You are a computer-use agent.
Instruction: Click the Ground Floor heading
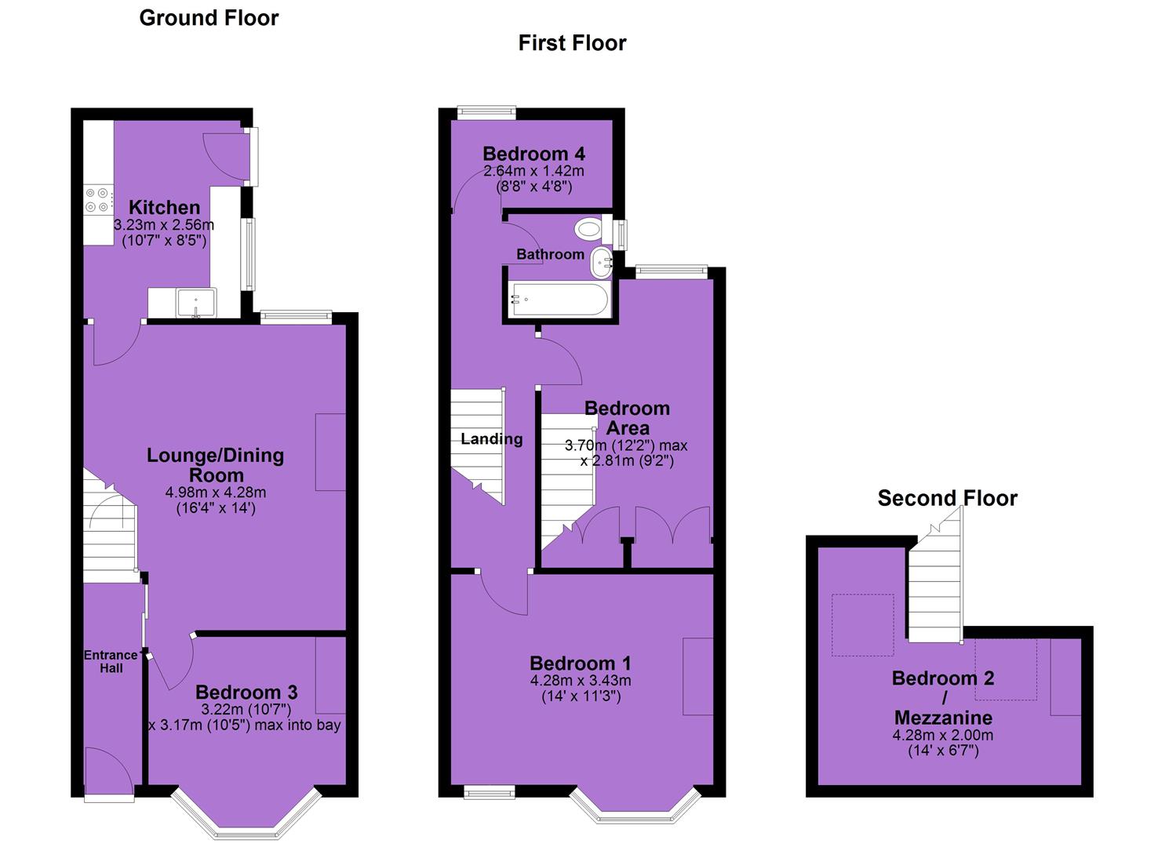coord(209,18)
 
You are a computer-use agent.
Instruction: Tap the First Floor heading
coord(572,42)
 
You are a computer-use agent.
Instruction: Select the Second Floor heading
coord(947,498)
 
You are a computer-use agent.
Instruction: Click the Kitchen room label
coord(164,208)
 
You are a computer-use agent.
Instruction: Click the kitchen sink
coord(196,303)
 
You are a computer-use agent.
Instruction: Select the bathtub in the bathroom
coord(559,299)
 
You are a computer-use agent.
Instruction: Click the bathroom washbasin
coord(601,263)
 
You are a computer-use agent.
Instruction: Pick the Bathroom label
coord(550,254)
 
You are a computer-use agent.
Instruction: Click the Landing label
coord(491,439)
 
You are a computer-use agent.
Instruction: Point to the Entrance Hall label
coord(111,661)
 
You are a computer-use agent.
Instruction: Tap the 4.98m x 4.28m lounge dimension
coord(215,492)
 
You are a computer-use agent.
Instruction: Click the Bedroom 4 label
coord(533,154)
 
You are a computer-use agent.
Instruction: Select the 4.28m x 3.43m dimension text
coord(581,680)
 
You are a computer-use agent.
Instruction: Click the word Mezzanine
coord(944,718)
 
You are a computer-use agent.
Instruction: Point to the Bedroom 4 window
coord(487,112)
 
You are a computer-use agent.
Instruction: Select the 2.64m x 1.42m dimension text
coord(533,170)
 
